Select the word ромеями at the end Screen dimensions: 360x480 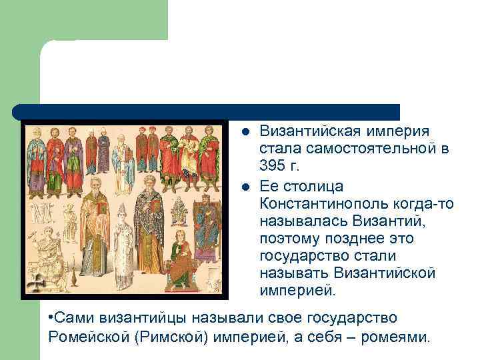[395, 337]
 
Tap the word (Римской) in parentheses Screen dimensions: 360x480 [172, 337]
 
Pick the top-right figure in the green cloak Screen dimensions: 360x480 [213, 157]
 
